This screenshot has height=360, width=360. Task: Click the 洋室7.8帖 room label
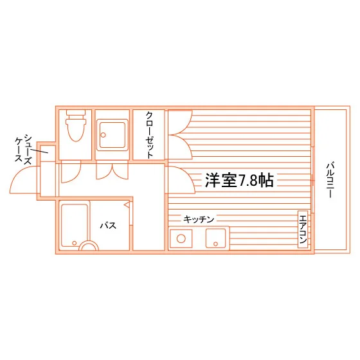click(239, 180)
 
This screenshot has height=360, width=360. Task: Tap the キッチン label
click(199, 219)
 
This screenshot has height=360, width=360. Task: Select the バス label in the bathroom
click(108, 226)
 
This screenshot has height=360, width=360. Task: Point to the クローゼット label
click(149, 135)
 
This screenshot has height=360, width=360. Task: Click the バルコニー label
click(330, 180)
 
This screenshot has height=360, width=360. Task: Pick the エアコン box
click(303, 229)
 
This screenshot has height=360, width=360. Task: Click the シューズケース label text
click(23, 149)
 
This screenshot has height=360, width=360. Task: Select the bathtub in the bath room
click(75, 226)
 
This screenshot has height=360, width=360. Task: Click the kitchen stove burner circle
click(181, 239)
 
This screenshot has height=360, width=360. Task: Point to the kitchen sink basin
click(215, 239)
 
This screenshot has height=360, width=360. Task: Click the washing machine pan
click(112, 135)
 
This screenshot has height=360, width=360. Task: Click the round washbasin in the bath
click(89, 246)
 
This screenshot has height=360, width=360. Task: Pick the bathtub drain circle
click(74, 243)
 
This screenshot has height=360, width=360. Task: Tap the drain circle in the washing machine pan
click(103, 135)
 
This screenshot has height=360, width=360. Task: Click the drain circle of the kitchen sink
click(215, 244)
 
